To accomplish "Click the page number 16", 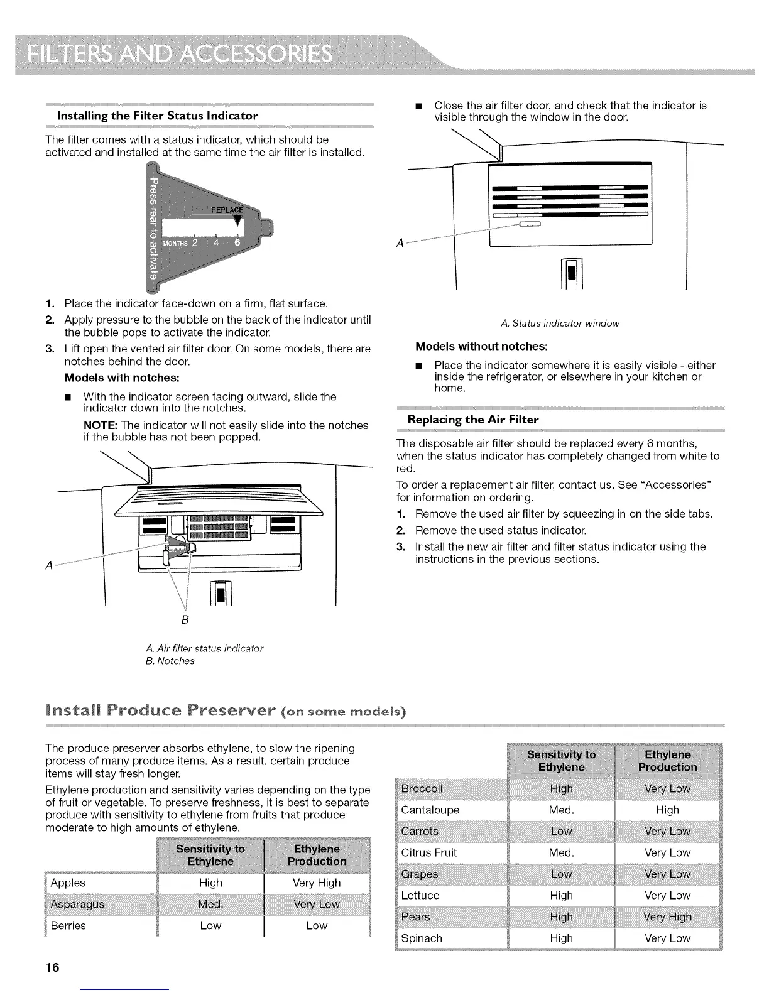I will point(52,967).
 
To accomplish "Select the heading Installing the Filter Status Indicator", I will point(157,116).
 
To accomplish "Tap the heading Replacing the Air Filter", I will point(473,420).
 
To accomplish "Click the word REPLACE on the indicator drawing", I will point(226,210).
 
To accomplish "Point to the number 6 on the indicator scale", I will point(237,243).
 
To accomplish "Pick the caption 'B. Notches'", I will point(170,661).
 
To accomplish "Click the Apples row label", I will point(68,883).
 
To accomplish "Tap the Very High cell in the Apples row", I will point(317,883).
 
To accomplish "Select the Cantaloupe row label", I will point(430,810).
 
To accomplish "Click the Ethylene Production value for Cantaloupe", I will point(667,810).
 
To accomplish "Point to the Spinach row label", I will point(422,938).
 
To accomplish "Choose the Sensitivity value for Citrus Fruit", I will point(561,852).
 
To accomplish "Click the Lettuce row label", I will point(420,895).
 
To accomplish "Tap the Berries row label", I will point(68,925).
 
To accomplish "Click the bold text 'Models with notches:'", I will point(122,378).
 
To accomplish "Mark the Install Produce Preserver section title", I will point(226,712).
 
